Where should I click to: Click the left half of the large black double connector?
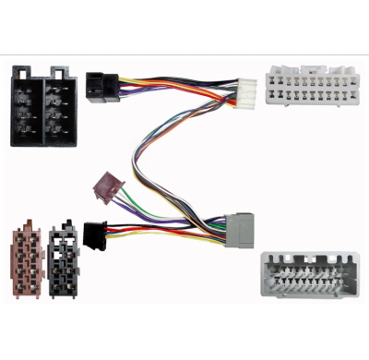pos(27,108)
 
